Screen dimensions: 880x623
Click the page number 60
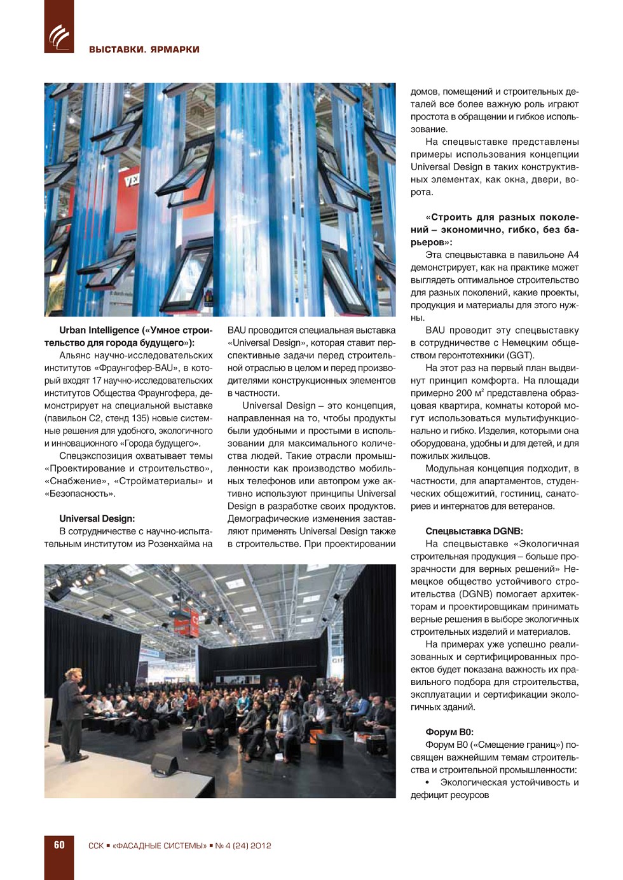click(x=59, y=845)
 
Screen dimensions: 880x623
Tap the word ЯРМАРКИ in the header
click(x=175, y=50)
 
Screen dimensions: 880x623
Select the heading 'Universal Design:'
click(x=97, y=518)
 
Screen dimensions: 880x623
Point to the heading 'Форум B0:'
click(x=449, y=732)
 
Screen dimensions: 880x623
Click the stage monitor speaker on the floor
click(x=163, y=763)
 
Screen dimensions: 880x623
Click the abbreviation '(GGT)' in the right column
click(x=521, y=355)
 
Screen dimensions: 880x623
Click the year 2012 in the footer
click(x=261, y=846)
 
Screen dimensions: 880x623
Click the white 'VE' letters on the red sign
click(x=132, y=181)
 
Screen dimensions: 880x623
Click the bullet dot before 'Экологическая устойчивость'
click(x=427, y=783)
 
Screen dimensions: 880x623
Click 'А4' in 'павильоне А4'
click(x=572, y=255)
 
